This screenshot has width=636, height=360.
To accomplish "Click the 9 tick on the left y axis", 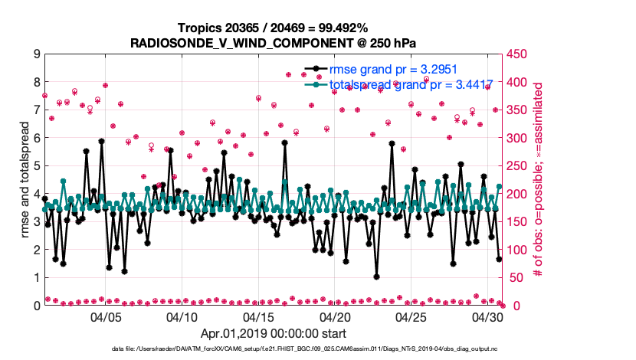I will (x=36, y=54).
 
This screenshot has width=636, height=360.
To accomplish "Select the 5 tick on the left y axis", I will (x=36, y=165).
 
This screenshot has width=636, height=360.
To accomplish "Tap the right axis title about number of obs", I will (x=539, y=179).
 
